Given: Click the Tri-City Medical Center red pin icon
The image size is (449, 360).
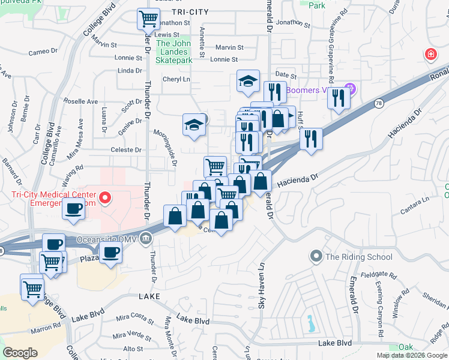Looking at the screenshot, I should (x=106, y=197).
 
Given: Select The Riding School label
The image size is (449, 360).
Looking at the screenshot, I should (x=358, y=257).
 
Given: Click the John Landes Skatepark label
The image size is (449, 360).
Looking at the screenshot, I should (x=173, y=52).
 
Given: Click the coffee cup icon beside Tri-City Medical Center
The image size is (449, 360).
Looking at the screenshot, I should (x=74, y=209).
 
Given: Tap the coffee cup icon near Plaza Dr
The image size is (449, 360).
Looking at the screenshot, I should (x=110, y=252).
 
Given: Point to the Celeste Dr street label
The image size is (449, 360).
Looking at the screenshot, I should (x=126, y=150).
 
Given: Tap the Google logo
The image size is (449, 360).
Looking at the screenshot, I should (x=20, y=352).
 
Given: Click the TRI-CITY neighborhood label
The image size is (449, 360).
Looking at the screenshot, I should (x=189, y=12).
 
